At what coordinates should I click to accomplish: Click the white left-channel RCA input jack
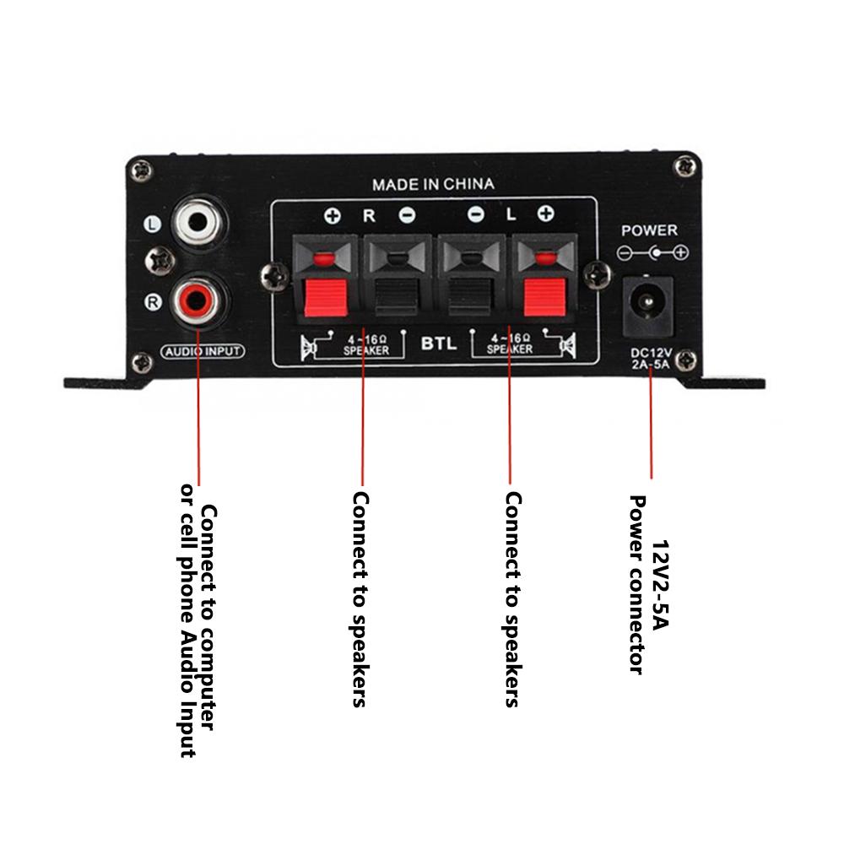click(x=199, y=223)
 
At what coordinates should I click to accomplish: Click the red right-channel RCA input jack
click(x=199, y=300)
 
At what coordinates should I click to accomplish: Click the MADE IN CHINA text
click(x=434, y=183)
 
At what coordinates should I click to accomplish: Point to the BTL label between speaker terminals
click(x=439, y=344)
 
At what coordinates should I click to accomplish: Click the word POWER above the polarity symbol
click(x=649, y=230)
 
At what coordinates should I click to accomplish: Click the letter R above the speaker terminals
click(x=369, y=215)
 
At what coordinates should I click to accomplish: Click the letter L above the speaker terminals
click(x=510, y=215)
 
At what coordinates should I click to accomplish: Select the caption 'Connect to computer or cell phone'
click(x=199, y=629)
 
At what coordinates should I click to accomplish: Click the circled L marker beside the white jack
click(x=153, y=225)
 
